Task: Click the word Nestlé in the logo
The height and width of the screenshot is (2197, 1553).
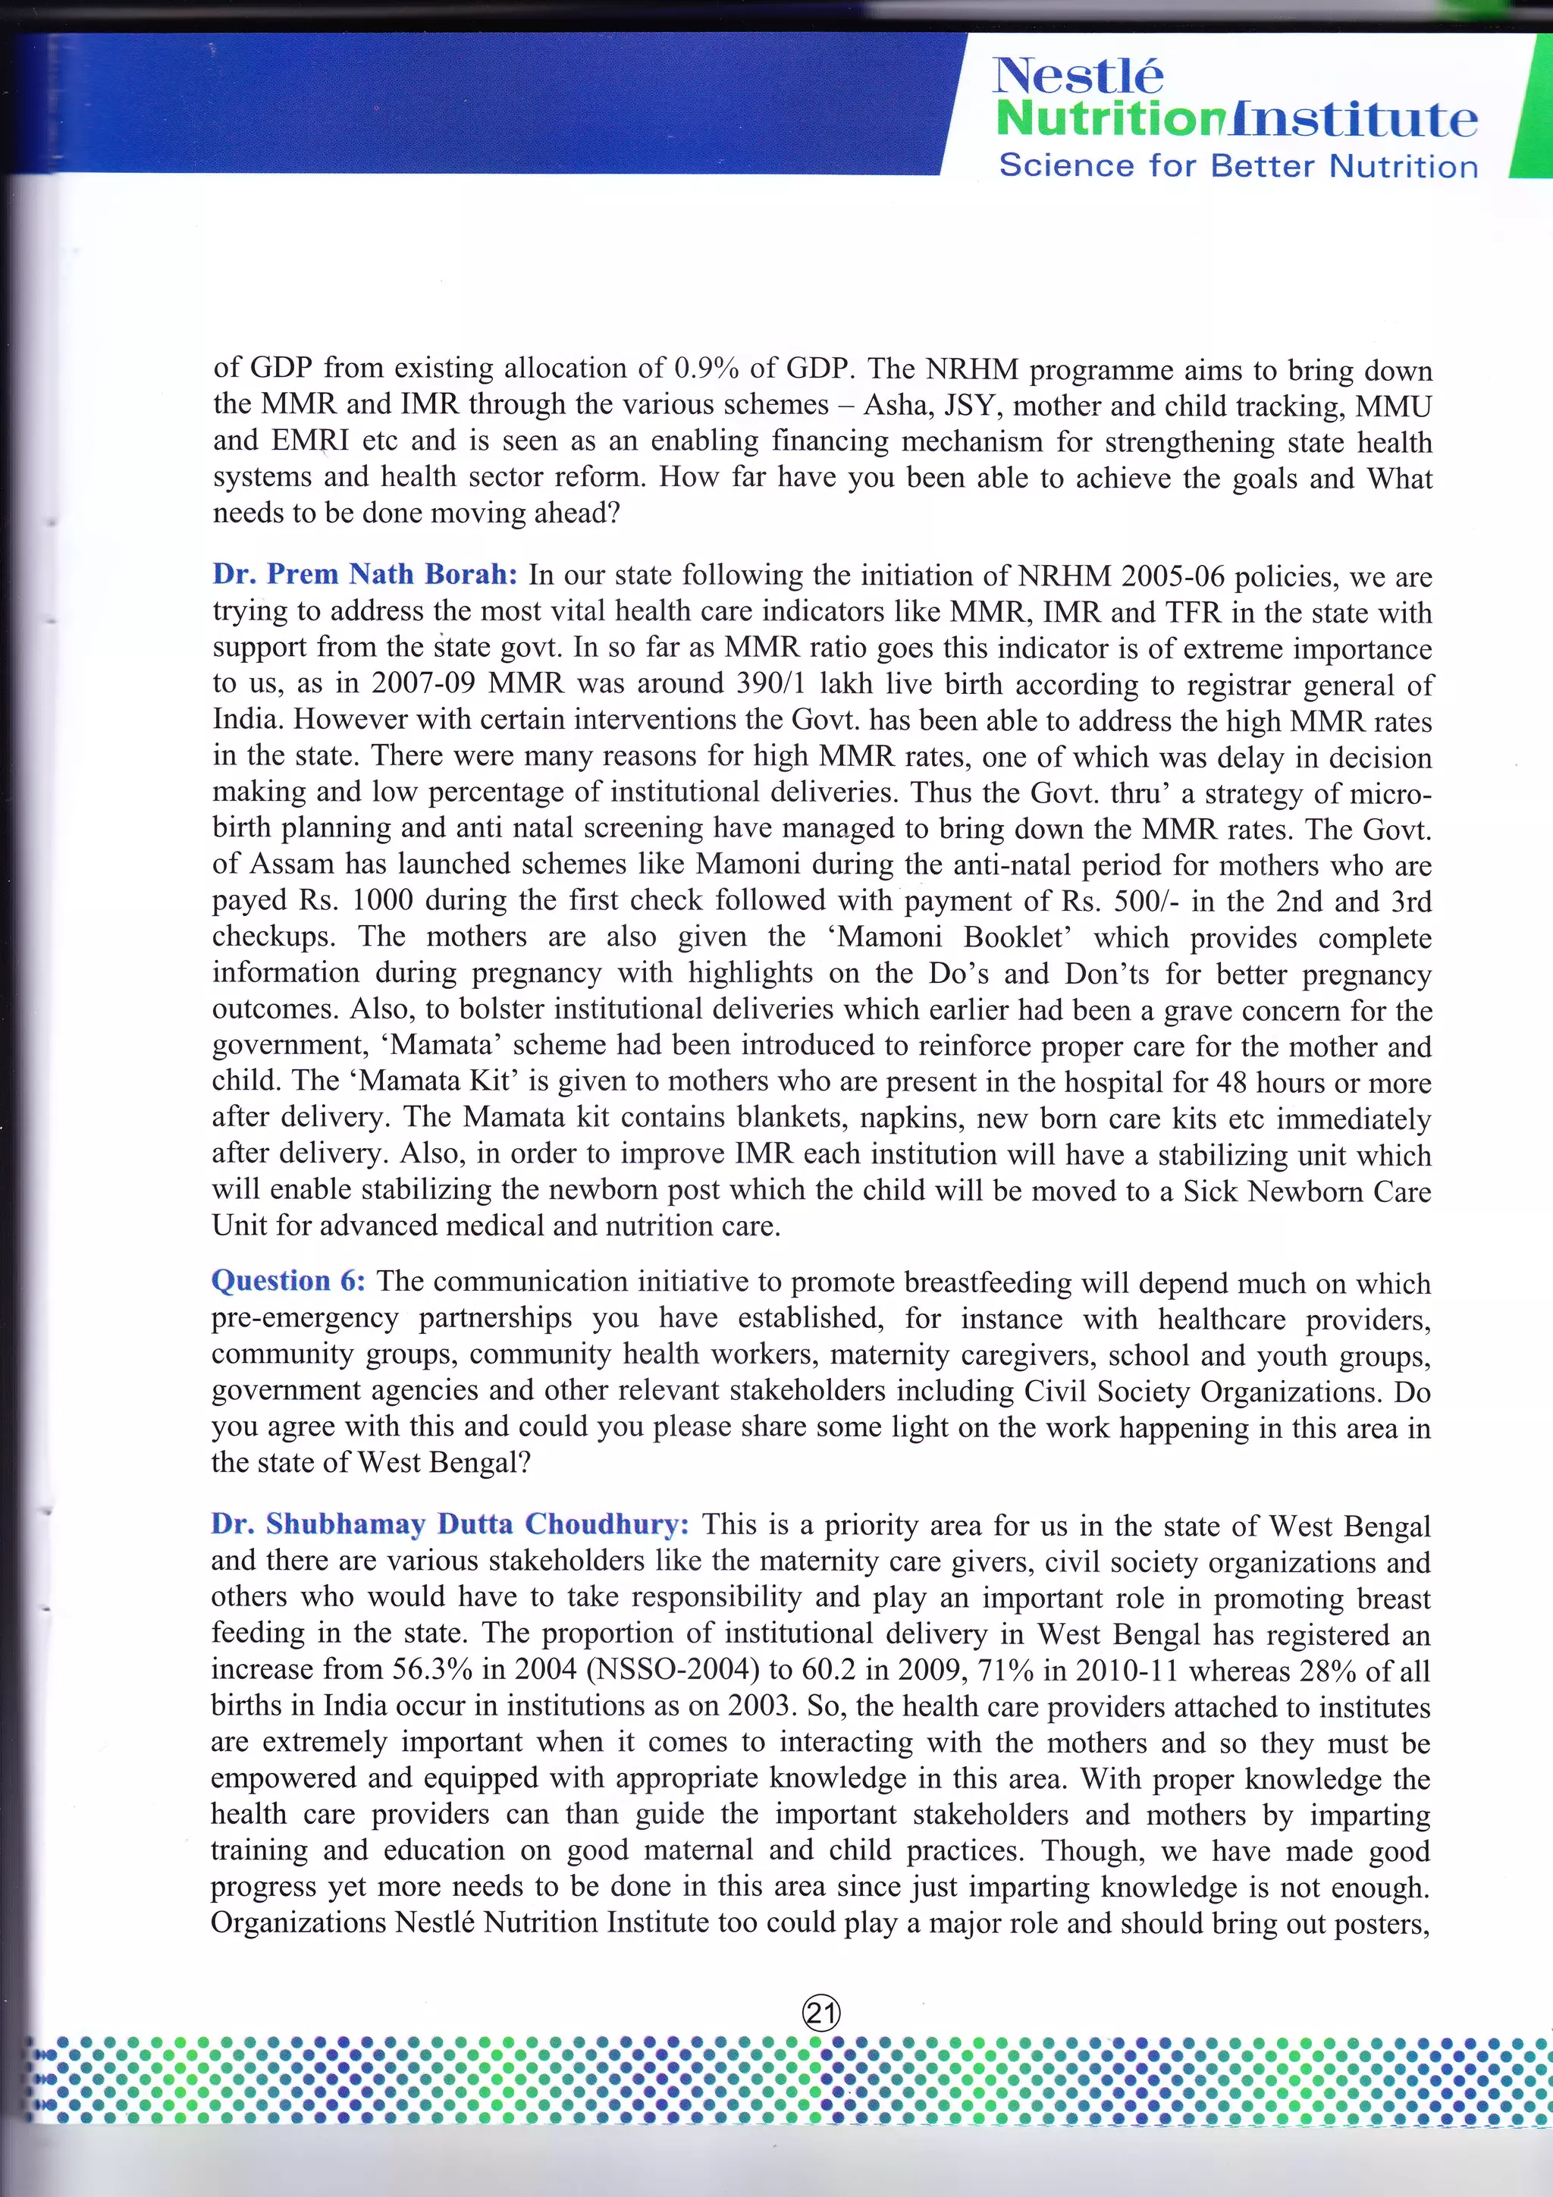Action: coord(1078,77)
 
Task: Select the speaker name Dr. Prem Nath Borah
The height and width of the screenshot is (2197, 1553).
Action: coord(365,574)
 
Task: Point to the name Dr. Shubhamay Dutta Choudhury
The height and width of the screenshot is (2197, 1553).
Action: coord(450,1524)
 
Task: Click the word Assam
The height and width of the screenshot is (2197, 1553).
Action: coord(293,864)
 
